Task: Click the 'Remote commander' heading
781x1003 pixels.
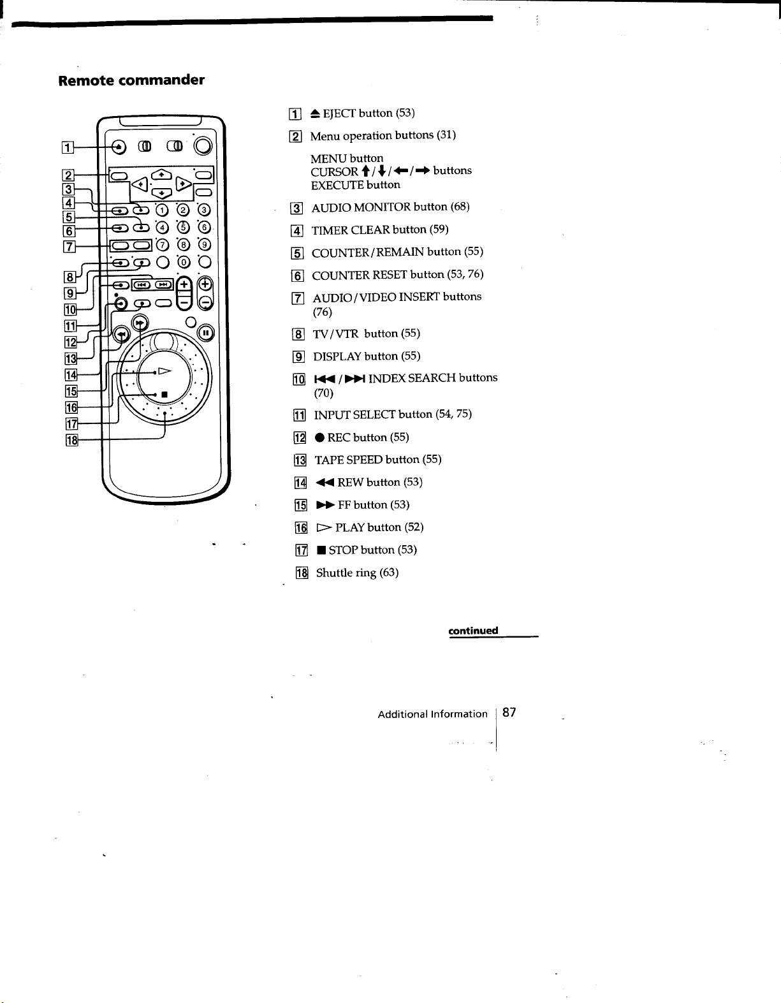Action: (131, 80)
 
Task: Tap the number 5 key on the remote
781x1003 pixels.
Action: (183, 227)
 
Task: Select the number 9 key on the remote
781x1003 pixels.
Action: (205, 245)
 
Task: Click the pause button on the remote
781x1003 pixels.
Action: (206, 333)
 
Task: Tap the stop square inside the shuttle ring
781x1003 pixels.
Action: (164, 395)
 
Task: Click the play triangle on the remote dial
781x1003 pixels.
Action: (164, 370)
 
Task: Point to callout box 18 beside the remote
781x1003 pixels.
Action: (71, 440)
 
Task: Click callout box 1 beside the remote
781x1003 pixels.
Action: (68, 148)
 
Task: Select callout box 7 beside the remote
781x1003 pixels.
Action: (69, 247)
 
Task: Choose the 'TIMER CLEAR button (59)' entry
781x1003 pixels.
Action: (379, 230)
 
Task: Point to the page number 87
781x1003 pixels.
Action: (509, 712)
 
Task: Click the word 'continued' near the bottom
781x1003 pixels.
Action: (473, 631)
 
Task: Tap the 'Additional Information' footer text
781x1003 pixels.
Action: (432, 714)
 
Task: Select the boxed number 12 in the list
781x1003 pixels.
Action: (300, 437)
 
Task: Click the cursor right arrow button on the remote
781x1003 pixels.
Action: (184, 184)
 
